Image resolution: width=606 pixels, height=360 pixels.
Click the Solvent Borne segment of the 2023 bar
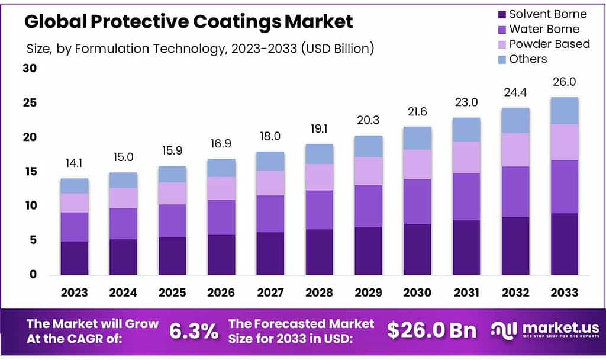[74, 258]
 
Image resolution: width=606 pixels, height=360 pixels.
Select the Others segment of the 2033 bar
[564, 111]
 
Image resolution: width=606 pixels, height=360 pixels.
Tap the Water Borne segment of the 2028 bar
[319, 210]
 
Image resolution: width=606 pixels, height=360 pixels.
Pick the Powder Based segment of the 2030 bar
[417, 164]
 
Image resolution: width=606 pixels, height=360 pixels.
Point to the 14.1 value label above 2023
[74, 163]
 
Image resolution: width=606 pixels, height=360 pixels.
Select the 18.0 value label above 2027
[270, 136]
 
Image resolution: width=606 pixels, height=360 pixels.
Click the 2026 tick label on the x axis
[221, 292]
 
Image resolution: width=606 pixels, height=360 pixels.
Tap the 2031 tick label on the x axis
[466, 292]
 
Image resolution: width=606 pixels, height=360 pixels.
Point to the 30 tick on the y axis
[30, 69]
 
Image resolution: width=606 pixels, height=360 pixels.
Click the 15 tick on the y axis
[30, 172]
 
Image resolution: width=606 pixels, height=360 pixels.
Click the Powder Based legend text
[549, 44]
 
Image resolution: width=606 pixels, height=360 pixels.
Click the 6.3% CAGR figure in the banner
[194, 331]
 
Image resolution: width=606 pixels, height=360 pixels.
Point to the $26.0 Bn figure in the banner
[431, 330]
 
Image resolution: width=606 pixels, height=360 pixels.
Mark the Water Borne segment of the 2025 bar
[172, 221]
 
